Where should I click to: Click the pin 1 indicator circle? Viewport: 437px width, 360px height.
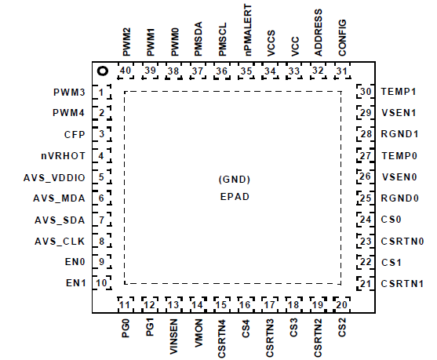click(103, 71)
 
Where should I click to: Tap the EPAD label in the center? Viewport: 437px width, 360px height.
click(235, 197)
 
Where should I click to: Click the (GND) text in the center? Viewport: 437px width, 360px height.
click(235, 179)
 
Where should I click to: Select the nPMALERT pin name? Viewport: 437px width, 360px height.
click(247, 30)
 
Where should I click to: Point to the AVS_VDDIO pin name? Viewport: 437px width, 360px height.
click(54, 178)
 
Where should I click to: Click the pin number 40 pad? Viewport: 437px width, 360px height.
click(126, 71)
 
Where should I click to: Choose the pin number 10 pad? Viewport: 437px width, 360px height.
click(102, 283)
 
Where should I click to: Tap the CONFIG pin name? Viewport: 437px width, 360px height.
click(342, 38)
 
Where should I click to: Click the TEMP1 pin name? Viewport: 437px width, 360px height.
click(399, 92)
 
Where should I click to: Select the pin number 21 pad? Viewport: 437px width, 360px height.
click(366, 284)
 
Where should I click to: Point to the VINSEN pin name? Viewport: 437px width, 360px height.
click(173, 336)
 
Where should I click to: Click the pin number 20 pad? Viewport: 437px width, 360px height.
click(342, 304)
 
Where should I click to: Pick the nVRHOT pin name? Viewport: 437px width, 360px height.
click(64, 156)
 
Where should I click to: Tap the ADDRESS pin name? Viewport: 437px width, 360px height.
click(318, 33)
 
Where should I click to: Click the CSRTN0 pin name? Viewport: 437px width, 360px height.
click(402, 241)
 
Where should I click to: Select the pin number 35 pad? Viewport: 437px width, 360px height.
click(246, 71)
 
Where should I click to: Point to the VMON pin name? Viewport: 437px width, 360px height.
click(198, 333)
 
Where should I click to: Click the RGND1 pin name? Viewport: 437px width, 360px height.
click(399, 134)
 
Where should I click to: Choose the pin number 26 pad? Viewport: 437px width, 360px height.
click(366, 176)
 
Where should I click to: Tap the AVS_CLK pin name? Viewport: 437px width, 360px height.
click(60, 242)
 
